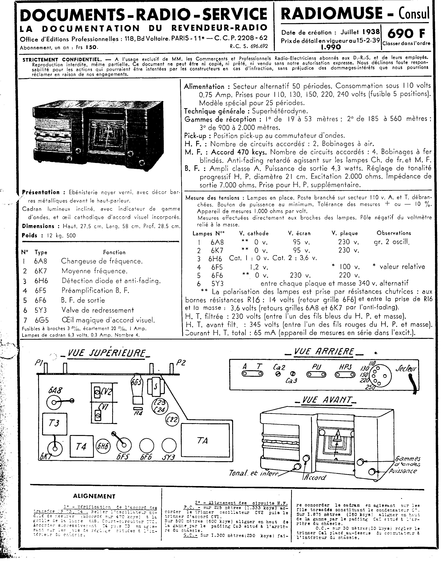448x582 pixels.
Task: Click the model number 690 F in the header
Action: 406,34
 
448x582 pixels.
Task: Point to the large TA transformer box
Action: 205,441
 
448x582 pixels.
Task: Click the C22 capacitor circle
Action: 172,420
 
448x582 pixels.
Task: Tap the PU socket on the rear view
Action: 316,374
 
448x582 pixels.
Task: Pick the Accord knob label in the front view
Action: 314,477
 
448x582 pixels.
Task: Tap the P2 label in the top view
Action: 181,363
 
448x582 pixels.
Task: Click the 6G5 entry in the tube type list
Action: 42,320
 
